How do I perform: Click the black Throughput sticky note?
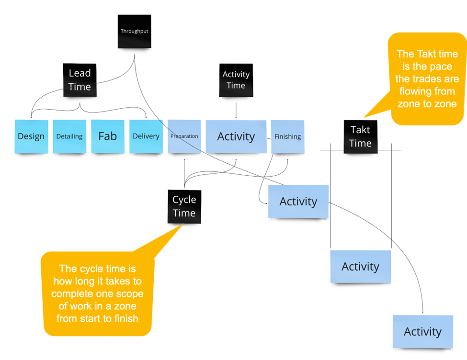pyautogui.click(x=134, y=32)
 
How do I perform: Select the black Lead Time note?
pyautogui.click(x=80, y=80)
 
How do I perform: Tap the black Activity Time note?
pyautogui.click(x=236, y=80)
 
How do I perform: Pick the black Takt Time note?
pyautogui.click(x=360, y=136)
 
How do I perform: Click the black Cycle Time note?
pyautogui.click(x=184, y=206)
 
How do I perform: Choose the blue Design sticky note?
pyautogui.click(x=31, y=136)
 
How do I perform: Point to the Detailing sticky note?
pyautogui.click(x=69, y=136)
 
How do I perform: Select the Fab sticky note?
pyautogui.click(x=108, y=136)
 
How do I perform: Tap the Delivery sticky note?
pyautogui.click(x=146, y=136)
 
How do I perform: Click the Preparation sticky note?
pyautogui.click(x=184, y=136)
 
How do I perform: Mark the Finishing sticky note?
pyautogui.click(x=287, y=136)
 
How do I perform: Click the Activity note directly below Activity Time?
pyautogui.click(x=236, y=136)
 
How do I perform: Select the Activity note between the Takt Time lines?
pyautogui.click(x=360, y=266)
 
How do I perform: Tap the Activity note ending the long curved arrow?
pyautogui.click(x=422, y=331)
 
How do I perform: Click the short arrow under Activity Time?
pyautogui.click(x=236, y=110)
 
